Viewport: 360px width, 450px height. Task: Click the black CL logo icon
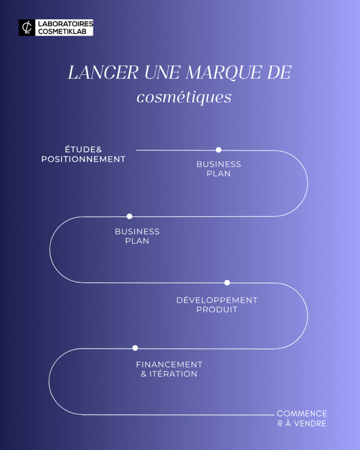27,27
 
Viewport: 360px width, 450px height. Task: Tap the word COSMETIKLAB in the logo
63,31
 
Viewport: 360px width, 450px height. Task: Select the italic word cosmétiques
184,97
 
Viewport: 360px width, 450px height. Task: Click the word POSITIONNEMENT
84,159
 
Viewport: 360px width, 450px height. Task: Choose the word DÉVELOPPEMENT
217,300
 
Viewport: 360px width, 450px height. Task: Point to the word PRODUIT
217,309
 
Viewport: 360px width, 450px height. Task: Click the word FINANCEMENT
169,365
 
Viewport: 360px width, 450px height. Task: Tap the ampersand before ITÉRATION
144,374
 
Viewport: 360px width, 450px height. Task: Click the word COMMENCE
302,414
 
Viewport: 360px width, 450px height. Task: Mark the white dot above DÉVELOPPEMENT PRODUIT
227,283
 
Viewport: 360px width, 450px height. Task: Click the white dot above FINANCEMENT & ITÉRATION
135,348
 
